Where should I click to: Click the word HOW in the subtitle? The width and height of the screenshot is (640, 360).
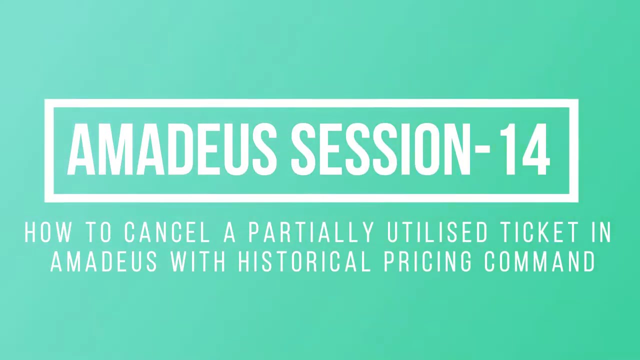[x=48, y=233]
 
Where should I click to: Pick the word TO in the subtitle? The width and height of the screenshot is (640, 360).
[x=99, y=233]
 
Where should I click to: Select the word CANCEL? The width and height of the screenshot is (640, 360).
[x=167, y=233]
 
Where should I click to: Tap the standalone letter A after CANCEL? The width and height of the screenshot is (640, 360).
[x=229, y=233]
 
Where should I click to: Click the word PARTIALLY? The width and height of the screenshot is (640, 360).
[x=311, y=233]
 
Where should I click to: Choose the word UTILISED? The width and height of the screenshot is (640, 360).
[x=437, y=233]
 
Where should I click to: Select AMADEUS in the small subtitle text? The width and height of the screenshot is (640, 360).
[x=104, y=261]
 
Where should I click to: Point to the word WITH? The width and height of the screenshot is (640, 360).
[x=198, y=261]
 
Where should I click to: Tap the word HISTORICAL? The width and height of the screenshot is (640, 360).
[x=304, y=261]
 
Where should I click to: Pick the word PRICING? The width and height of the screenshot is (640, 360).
[x=427, y=261]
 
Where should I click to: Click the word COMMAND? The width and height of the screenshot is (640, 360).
[x=540, y=261]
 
